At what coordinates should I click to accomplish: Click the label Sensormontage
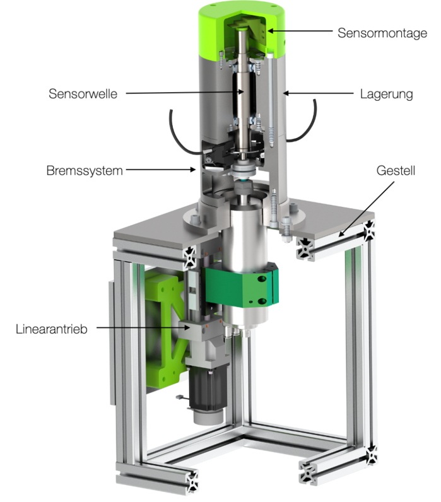pos(382,33)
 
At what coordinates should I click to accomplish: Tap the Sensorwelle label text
pos(83,94)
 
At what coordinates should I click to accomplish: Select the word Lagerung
pos(386,95)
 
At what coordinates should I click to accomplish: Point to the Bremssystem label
pos(85,171)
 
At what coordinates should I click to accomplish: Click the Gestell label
pos(396,171)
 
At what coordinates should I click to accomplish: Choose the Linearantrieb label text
pos(52,329)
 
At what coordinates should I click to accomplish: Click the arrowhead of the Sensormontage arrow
pos(270,31)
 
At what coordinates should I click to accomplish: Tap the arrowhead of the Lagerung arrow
pos(286,93)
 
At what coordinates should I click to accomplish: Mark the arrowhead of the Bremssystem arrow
pos(194,170)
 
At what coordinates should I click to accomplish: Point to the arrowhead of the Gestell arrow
pos(341,234)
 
